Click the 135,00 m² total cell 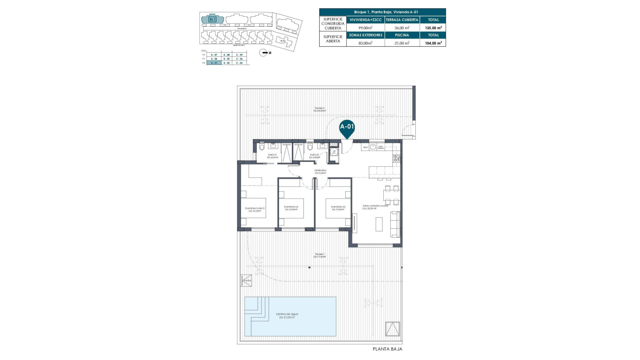coord(433,28)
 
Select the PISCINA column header coord(402,35)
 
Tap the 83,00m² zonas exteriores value coord(365,43)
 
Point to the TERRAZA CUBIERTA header coord(402,20)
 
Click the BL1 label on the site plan coord(212,19)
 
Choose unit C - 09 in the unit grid coord(239,55)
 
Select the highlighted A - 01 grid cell coord(214,63)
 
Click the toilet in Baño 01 coord(262,147)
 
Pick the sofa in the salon coord(395,224)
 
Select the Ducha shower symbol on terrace coord(246,280)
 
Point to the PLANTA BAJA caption coord(387,349)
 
